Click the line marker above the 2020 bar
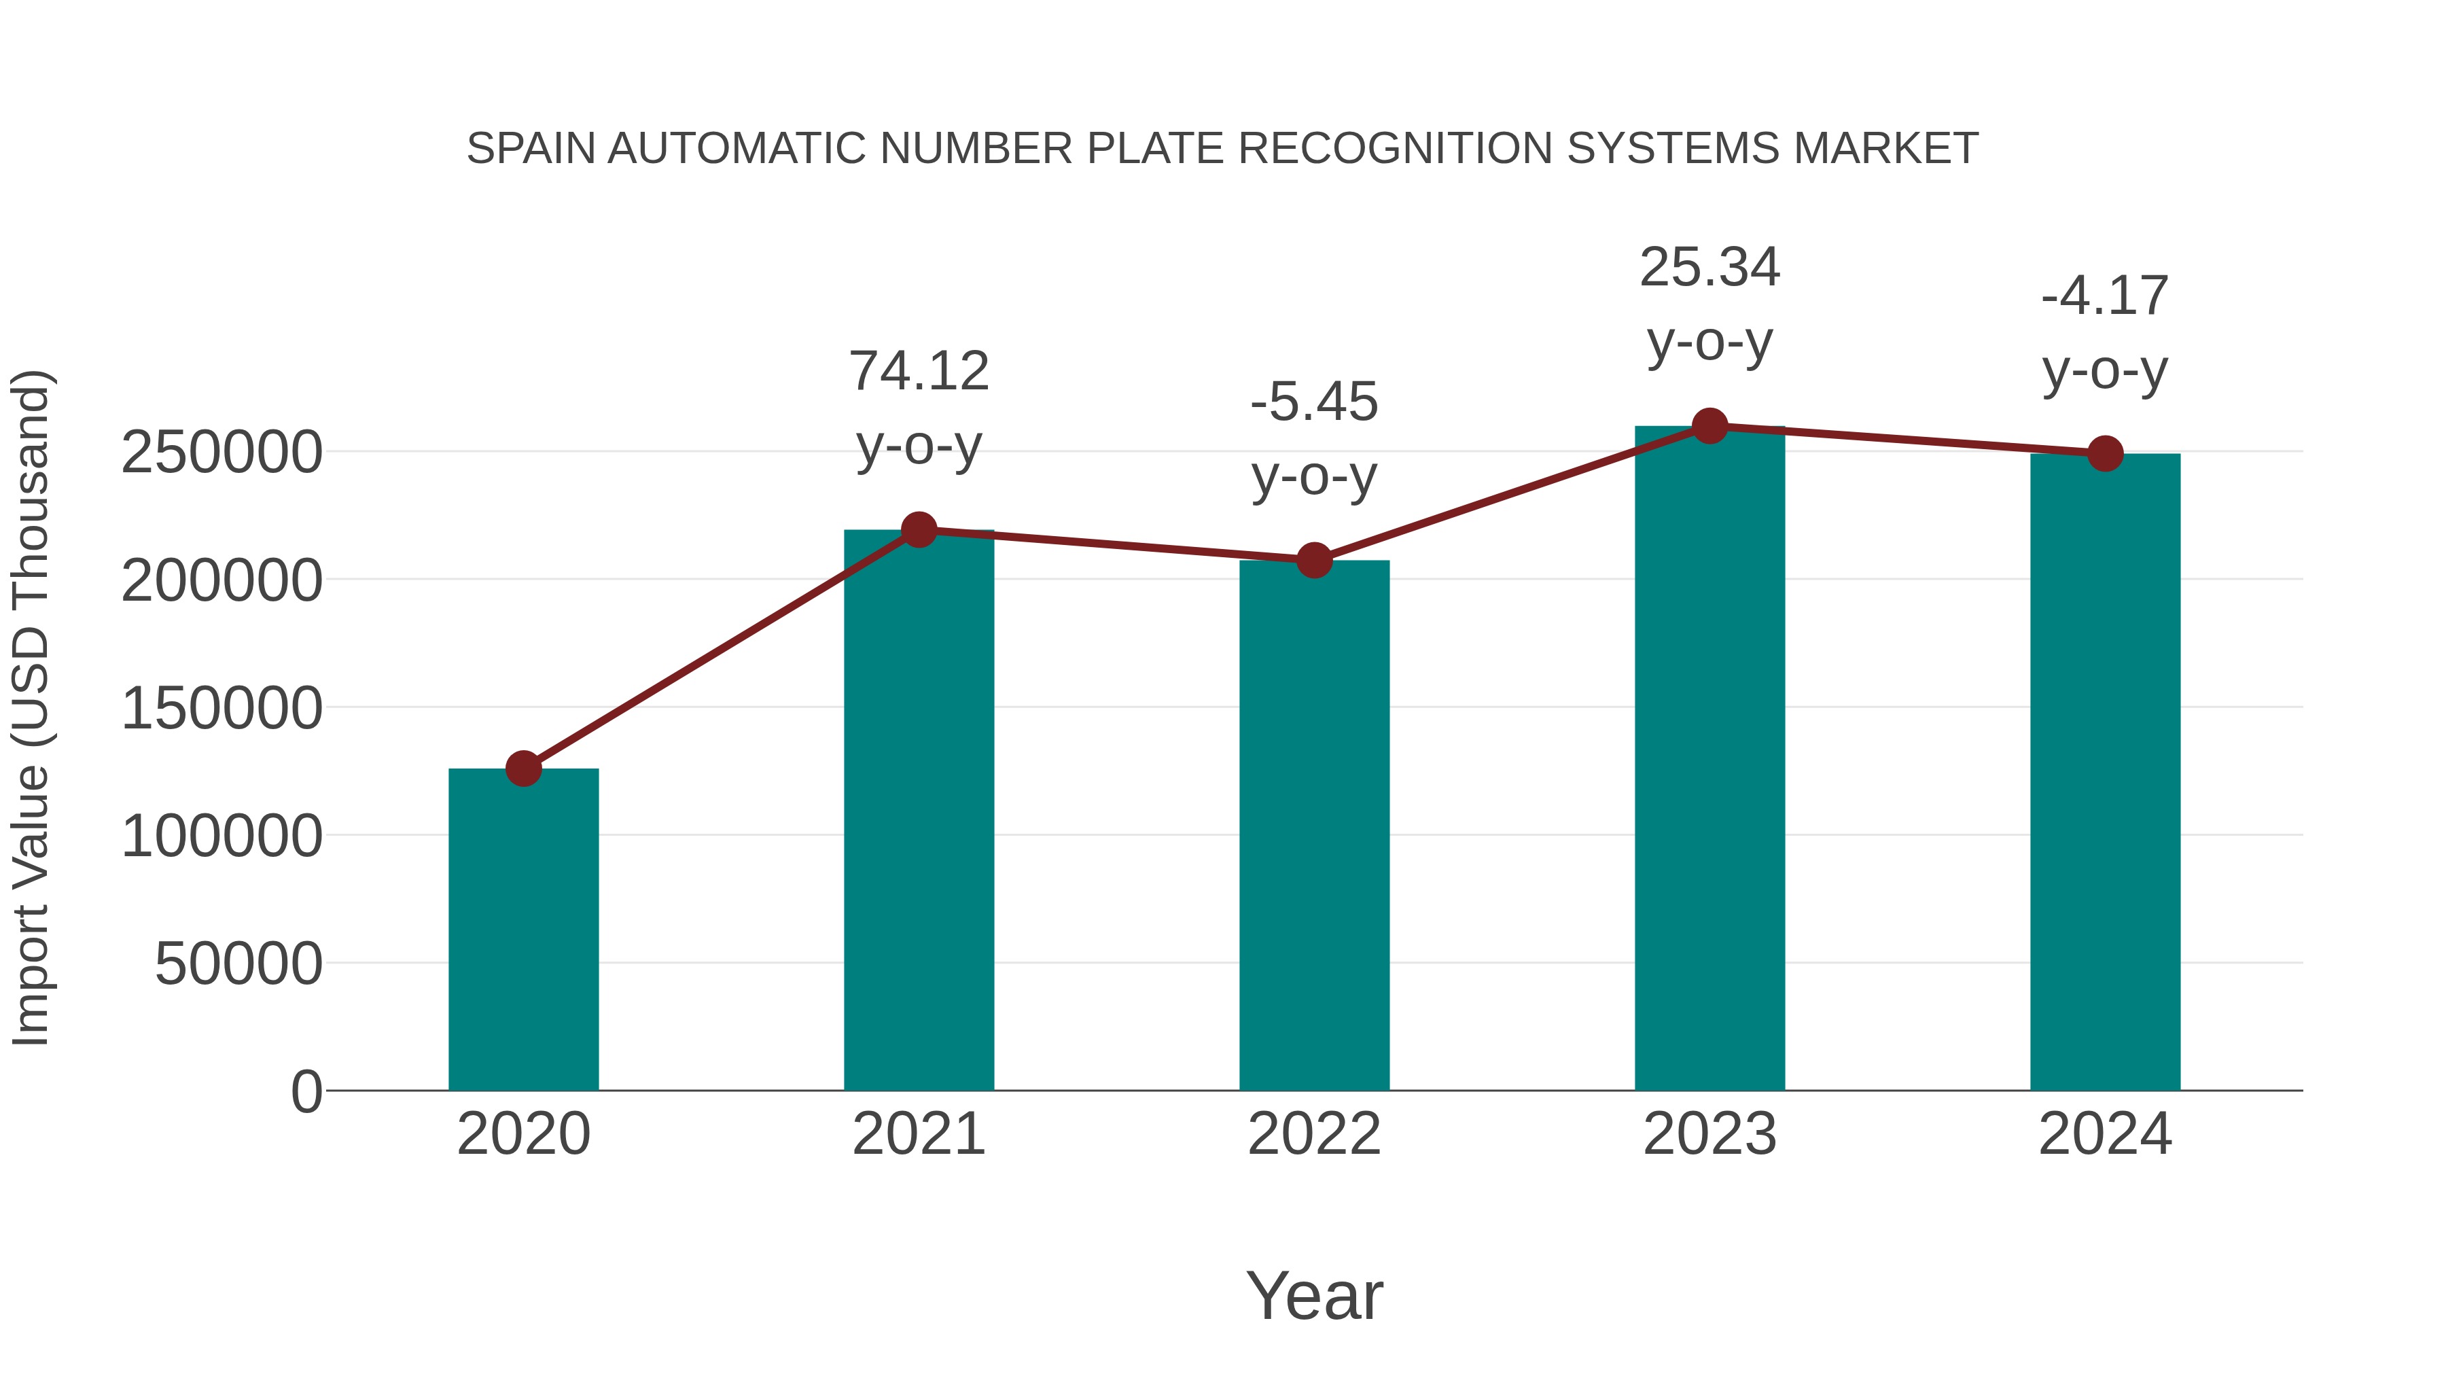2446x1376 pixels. coord(523,769)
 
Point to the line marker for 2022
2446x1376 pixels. coord(1314,561)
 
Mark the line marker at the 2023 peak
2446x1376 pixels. coord(1709,426)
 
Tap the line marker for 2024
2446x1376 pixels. coord(2105,454)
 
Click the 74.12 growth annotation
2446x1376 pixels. coord(918,371)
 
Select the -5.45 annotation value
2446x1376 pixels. coord(1314,402)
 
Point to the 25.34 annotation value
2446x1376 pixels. coord(1709,268)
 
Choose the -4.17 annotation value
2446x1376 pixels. coord(2105,296)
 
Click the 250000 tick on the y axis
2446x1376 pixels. coord(221,452)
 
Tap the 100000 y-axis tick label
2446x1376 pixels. coord(221,836)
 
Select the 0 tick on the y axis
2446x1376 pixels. coord(306,1091)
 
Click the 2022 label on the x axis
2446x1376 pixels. coord(1314,1134)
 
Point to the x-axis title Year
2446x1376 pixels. coord(1314,1295)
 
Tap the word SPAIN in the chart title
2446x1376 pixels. coord(533,149)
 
